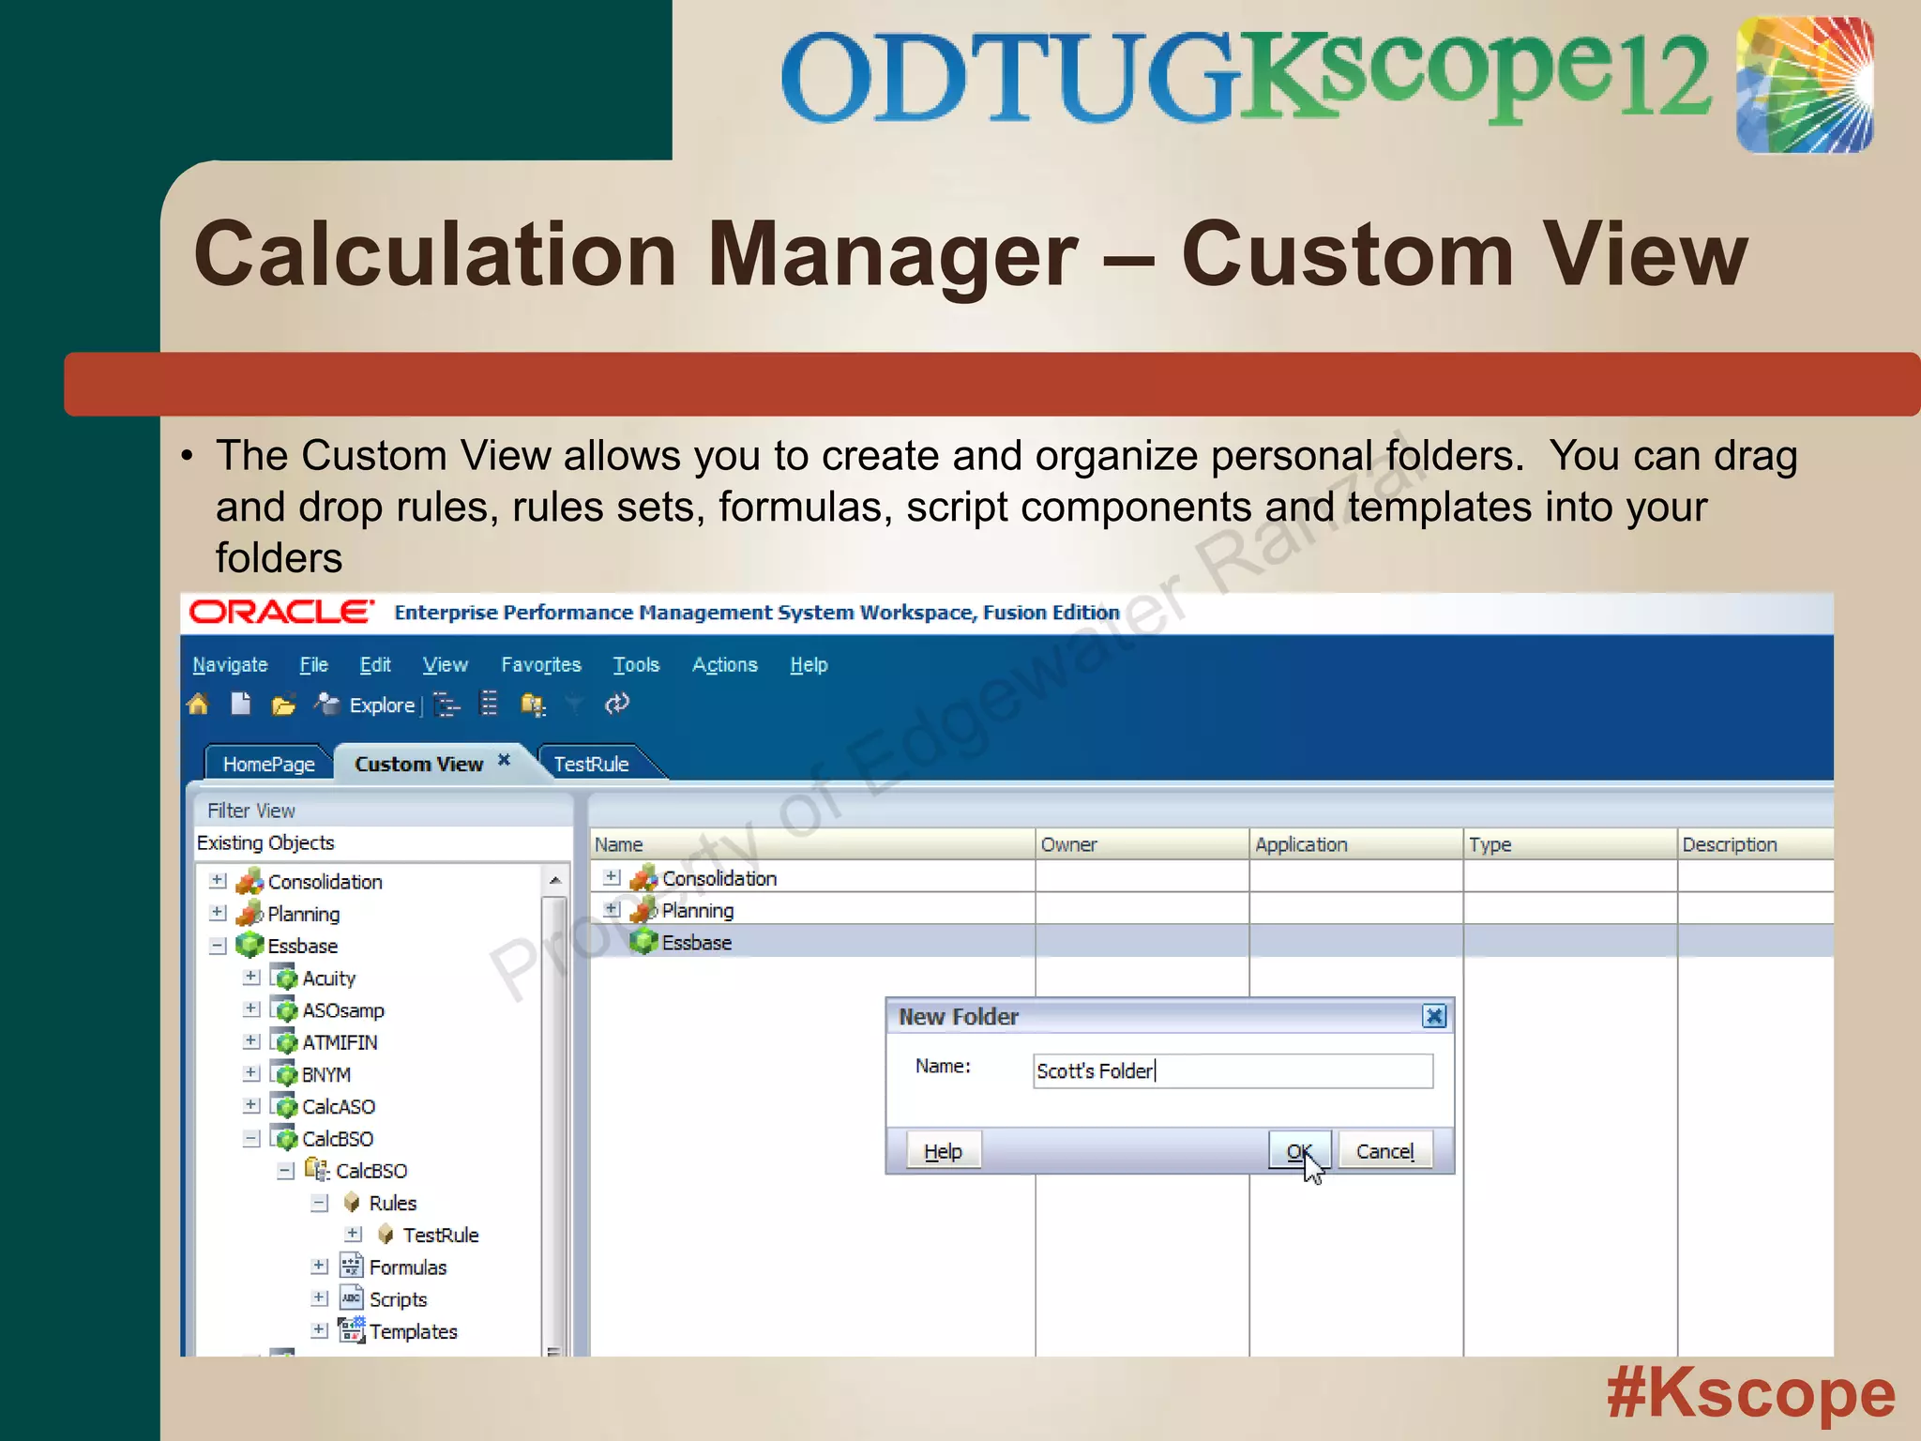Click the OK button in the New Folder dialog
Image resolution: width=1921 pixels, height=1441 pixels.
pyautogui.click(x=1299, y=1151)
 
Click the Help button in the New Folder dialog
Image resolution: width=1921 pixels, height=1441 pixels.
pyautogui.click(x=944, y=1151)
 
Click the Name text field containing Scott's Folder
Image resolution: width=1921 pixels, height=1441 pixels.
pyautogui.click(x=1233, y=1071)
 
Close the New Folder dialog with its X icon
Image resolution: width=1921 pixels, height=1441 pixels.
pyautogui.click(x=1434, y=1016)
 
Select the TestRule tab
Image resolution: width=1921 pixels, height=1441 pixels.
pyautogui.click(x=592, y=764)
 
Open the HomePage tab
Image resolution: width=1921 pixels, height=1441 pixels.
pyautogui.click(x=268, y=764)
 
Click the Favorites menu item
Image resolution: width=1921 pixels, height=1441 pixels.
pyautogui.click(x=541, y=665)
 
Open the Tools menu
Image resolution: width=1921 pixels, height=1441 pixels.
pyautogui.click(x=636, y=665)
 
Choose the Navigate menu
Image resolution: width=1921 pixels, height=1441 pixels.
pyautogui.click(x=230, y=665)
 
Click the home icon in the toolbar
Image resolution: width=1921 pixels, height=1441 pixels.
pyautogui.click(x=198, y=705)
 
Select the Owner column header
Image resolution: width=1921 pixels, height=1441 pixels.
pyautogui.click(x=1069, y=844)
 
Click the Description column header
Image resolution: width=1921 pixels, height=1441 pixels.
pyautogui.click(x=1730, y=844)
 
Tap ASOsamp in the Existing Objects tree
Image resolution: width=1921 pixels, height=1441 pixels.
pyautogui.click(x=343, y=1010)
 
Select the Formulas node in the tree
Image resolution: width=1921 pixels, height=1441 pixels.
pyautogui.click(x=407, y=1267)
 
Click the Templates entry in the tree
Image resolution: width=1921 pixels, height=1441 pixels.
pyautogui.click(x=413, y=1331)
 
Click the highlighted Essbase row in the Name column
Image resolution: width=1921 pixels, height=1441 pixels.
pyautogui.click(x=696, y=942)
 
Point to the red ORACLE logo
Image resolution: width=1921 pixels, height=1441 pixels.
pyautogui.click(x=281, y=613)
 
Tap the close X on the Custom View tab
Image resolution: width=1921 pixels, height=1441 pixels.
pyautogui.click(x=504, y=760)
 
